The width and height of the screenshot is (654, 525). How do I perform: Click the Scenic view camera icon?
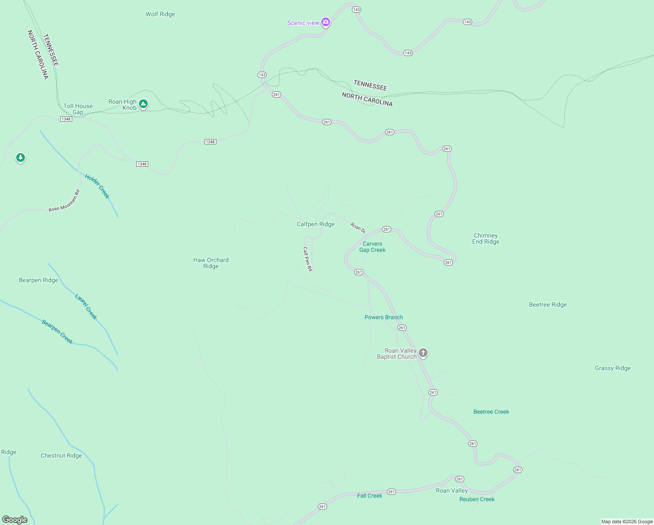pos(325,22)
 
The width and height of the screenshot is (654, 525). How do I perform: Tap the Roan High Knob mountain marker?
pos(143,104)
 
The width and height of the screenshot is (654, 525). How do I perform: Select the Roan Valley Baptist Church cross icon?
pos(423,353)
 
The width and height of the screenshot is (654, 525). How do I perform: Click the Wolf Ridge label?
pos(160,14)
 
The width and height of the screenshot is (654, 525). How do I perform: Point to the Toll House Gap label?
pos(78,109)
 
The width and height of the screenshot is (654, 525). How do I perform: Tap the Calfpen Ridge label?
pos(316,224)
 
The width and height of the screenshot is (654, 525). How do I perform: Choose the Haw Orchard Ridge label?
pos(211,263)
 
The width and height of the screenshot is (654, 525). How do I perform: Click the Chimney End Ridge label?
pos(485,238)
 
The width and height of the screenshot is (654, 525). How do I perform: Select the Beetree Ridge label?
pos(548,305)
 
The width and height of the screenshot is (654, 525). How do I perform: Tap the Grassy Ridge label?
pos(612,368)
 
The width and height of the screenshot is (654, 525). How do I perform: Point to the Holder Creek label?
pos(97,186)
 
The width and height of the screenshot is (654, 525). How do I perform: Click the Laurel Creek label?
pos(86,307)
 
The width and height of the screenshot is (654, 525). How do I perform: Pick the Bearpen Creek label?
pos(57,332)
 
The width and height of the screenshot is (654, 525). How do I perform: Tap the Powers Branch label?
pos(383,317)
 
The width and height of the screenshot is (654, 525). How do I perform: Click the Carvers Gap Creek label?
pos(372,247)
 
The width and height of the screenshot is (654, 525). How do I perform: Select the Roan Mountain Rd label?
pos(64,201)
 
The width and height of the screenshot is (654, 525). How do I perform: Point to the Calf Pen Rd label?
pos(308,259)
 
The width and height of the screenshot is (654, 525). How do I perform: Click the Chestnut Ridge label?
pos(61,455)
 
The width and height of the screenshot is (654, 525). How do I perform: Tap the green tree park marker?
pos(20,157)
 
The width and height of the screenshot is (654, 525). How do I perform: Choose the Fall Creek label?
pos(369,496)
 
